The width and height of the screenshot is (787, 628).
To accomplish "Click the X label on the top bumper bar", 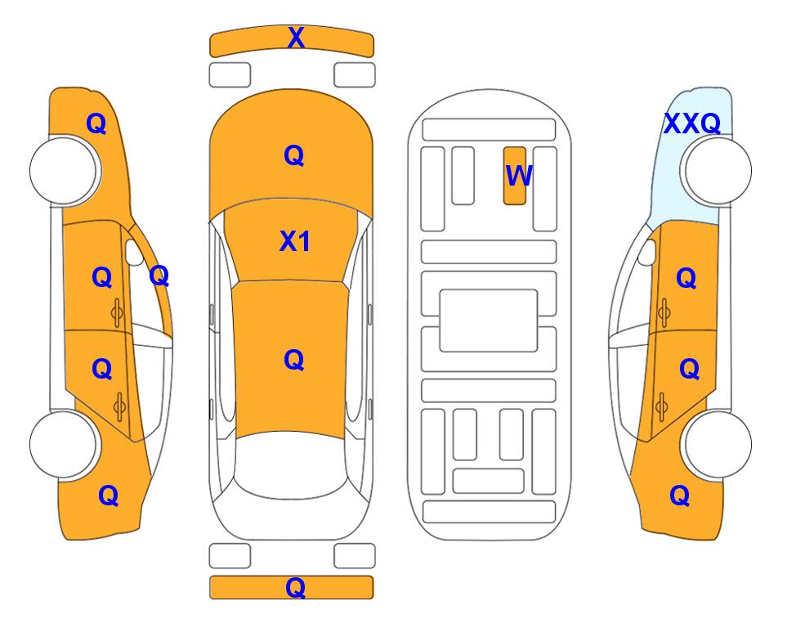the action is (296, 38).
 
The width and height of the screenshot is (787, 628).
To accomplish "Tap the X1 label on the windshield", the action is (295, 242).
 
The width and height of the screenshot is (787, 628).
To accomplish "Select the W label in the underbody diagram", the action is (518, 176).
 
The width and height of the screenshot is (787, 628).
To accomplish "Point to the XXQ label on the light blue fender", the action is (692, 123).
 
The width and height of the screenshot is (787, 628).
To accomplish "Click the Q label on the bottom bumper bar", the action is (295, 587).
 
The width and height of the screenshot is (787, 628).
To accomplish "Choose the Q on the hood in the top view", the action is (294, 155).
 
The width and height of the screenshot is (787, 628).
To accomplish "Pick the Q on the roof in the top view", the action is (294, 360).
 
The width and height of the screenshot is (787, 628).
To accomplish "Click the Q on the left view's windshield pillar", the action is (159, 276).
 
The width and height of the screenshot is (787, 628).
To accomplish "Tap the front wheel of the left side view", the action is (64, 171).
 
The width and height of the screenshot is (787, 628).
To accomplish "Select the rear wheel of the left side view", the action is (64, 444).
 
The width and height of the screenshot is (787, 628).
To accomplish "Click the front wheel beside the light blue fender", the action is (718, 171).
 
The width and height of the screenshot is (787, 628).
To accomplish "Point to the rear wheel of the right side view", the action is (718, 444).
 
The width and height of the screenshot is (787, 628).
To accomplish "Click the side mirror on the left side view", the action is (133, 252).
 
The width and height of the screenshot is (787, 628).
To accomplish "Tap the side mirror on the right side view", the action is (647, 252).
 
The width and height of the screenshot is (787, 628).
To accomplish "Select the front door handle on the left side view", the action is (118, 313).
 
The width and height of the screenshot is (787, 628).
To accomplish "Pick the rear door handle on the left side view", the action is (119, 406).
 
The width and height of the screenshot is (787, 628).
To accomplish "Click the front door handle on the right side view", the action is (664, 313).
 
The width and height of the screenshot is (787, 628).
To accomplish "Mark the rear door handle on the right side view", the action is (662, 406).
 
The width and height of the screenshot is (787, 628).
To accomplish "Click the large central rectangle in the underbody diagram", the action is (489, 321).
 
